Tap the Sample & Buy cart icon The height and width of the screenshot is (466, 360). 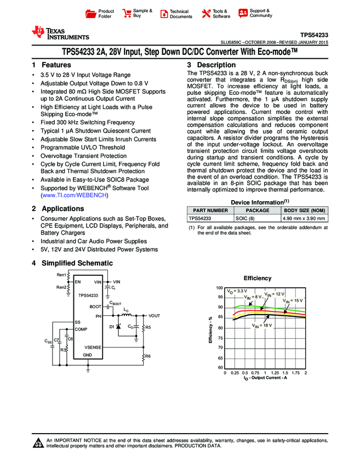click(127, 13)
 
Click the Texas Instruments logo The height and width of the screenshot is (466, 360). click(60, 33)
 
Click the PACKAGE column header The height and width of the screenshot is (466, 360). click(257, 210)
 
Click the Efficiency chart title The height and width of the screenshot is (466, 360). click(258, 279)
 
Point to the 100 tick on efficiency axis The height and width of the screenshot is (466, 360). click(219, 288)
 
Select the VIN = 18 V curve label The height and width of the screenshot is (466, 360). click(262, 326)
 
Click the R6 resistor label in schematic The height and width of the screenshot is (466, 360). click(148, 356)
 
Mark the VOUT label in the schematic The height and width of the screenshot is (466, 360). click(155, 316)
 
